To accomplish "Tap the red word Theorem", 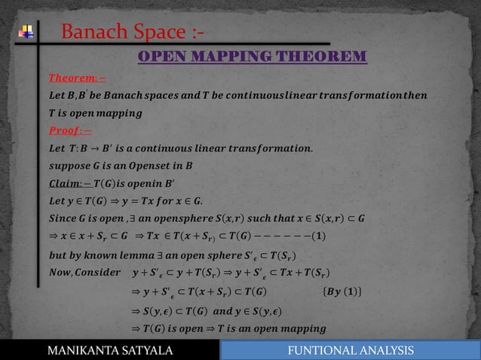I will (72, 78).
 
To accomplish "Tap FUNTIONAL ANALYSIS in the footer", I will (355, 350).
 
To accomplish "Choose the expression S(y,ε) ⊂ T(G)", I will (182, 310).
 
